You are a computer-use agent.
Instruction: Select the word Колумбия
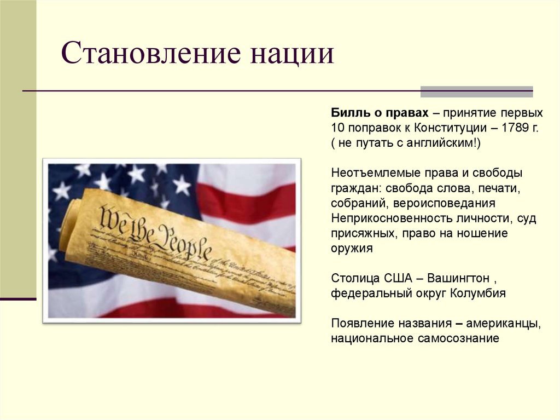[477, 293]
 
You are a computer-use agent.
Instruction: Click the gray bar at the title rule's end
[476, 91]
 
